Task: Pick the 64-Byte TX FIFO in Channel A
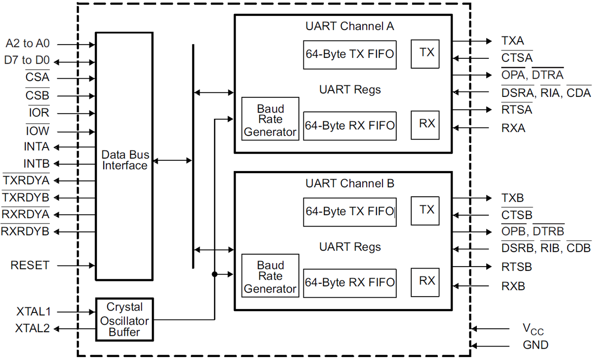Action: tap(350, 54)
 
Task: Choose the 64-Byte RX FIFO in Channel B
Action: tap(350, 283)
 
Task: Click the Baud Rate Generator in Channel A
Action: tap(270, 119)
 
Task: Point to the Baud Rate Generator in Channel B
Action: tap(270, 276)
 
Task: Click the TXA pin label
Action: tap(512, 41)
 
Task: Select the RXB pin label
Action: tap(513, 286)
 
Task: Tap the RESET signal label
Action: tap(30, 266)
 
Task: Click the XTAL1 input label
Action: tap(33, 312)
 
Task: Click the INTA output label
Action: tap(37, 147)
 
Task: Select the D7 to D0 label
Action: tap(27, 61)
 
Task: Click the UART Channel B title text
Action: tap(350, 183)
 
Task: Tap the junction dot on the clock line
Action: tap(214, 274)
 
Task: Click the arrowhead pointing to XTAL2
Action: tap(56, 328)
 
